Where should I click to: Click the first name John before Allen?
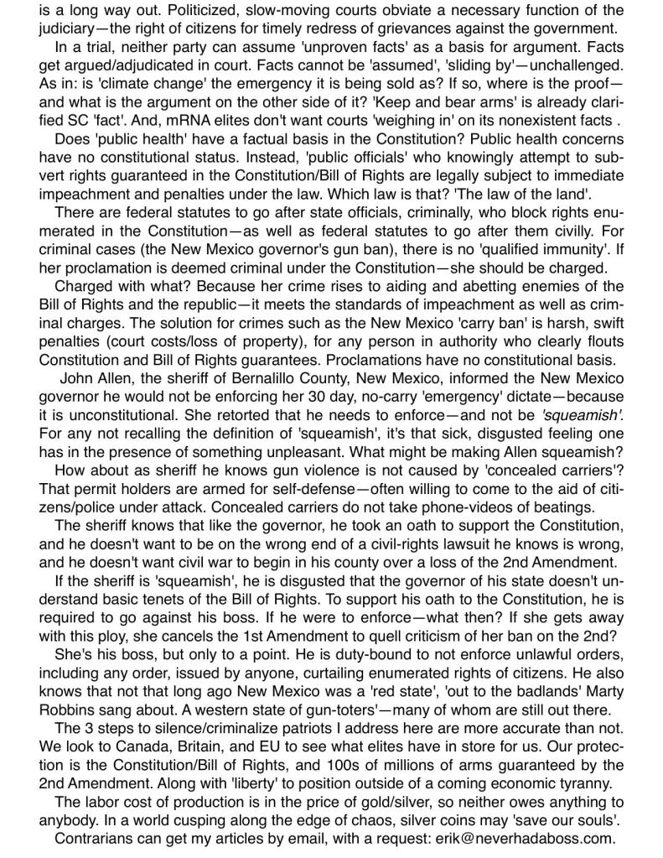76,377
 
